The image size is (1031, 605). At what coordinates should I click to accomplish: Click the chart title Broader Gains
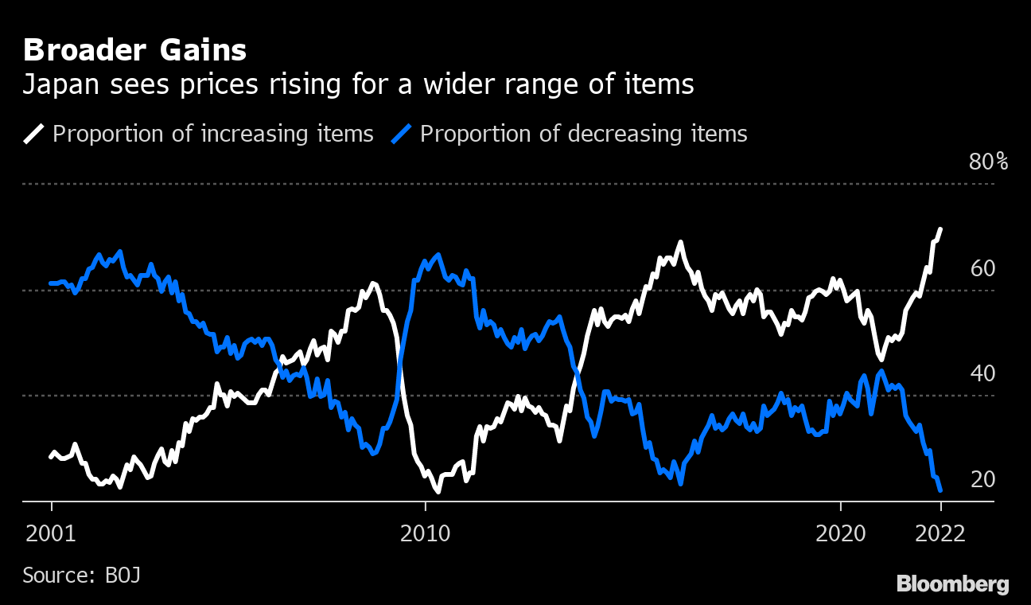(134, 50)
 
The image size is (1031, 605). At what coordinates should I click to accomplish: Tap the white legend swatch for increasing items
(34, 134)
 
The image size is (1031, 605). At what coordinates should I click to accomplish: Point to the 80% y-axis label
(988, 162)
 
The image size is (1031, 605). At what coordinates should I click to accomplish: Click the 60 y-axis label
(983, 268)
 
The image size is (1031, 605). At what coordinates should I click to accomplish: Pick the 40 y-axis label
(983, 373)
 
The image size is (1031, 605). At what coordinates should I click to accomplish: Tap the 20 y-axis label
(983, 479)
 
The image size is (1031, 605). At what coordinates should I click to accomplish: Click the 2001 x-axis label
(52, 533)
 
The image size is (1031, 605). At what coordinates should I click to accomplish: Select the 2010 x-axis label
(426, 533)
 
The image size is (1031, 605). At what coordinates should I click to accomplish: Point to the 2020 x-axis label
(841, 533)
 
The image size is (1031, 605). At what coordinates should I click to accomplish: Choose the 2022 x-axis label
(940, 533)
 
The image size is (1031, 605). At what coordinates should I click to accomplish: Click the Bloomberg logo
(952, 584)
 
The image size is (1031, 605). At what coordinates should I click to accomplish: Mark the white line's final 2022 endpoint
(940, 229)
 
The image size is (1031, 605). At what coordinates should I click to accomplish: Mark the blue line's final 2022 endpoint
(940, 490)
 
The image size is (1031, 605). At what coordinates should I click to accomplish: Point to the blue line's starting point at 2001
(51, 283)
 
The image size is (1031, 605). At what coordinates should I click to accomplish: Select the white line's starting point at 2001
(51, 457)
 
